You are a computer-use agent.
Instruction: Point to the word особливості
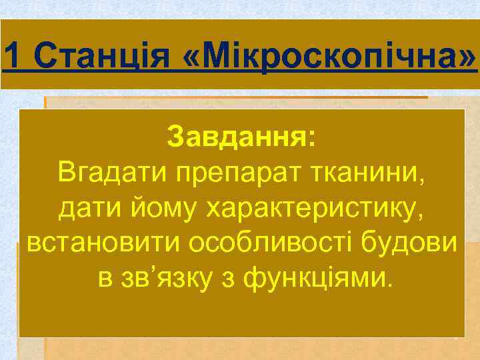(275, 244)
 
